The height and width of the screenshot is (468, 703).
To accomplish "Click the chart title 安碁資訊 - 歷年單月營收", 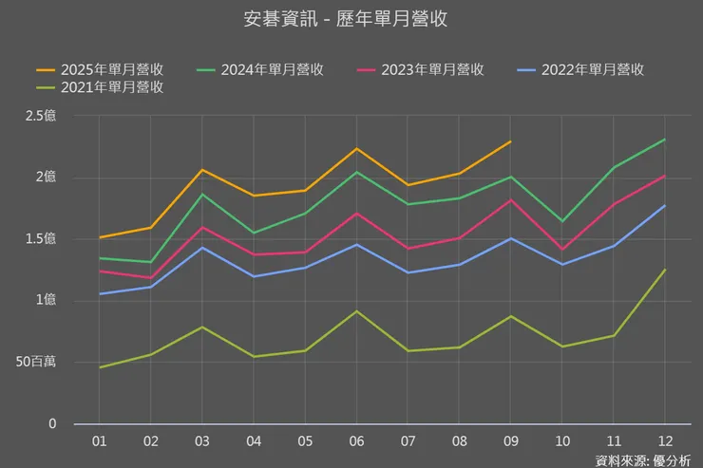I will point(351,18).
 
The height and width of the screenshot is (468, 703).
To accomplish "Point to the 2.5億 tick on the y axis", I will point(42,116).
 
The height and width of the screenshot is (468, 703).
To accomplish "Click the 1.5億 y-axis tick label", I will point(42,239).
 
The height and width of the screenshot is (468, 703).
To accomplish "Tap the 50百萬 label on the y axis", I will point(36,363).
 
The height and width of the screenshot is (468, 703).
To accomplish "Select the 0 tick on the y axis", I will point(52,424).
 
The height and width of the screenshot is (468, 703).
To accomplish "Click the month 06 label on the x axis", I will point(355,442).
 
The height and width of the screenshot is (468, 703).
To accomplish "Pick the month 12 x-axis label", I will point(663,442).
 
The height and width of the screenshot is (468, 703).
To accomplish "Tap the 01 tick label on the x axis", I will point(100,442).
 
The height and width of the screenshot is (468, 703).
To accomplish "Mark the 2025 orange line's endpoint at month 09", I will point(510,141).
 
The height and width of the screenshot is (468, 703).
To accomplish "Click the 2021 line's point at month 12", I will point(664,270).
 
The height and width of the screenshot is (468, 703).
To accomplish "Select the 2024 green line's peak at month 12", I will point(664,140).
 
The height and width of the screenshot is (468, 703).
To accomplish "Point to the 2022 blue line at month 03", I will point(202,248).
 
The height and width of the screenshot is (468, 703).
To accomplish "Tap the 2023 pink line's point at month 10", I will point(561,250).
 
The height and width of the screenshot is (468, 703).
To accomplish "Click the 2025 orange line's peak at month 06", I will point(356,148).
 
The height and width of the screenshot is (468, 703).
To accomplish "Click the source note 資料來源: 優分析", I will point(643,460).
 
